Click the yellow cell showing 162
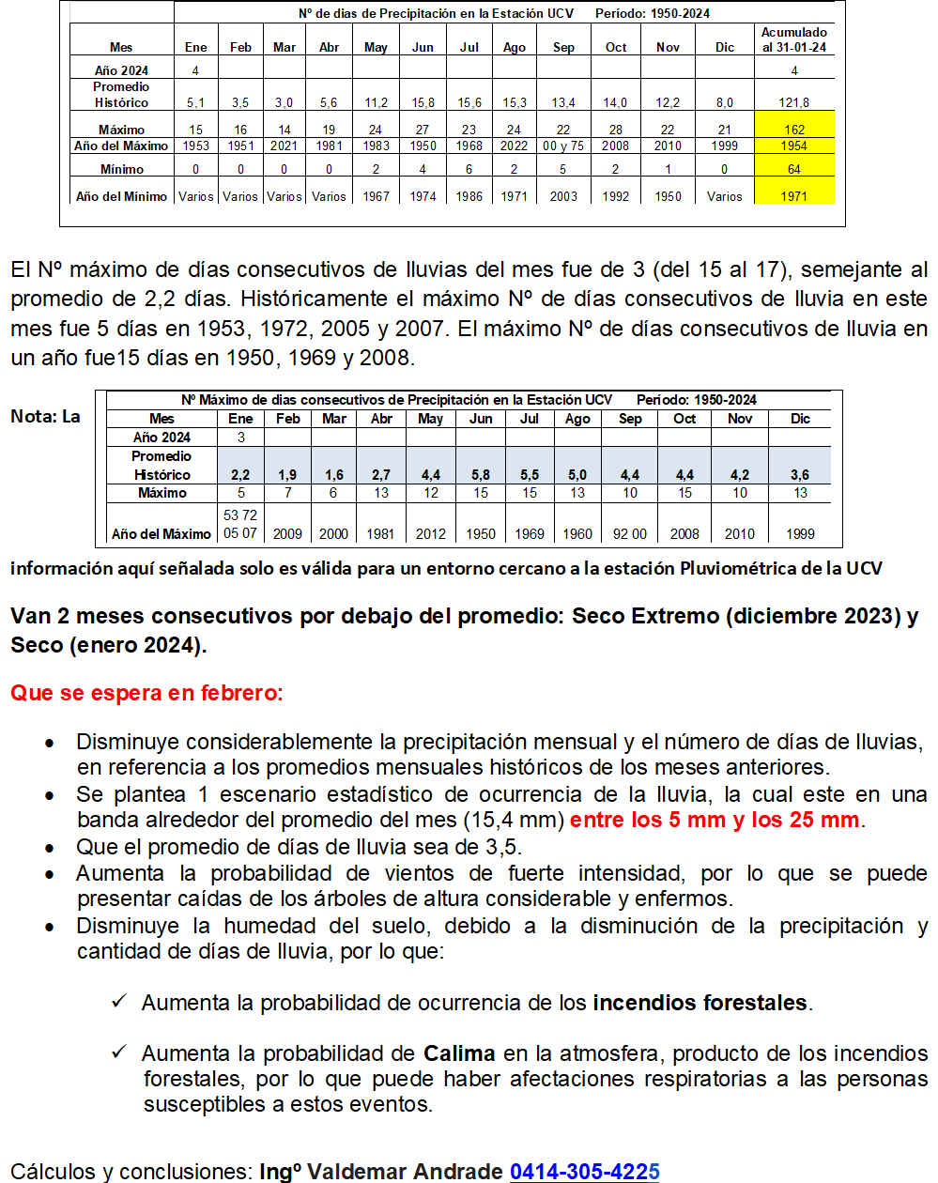click(794, 130)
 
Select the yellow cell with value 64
click(794, 169)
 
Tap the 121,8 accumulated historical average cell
click(794, 102)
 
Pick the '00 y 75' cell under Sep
click(563, 146)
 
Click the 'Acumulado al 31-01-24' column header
click(794, 39)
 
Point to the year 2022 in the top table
click(514, 146)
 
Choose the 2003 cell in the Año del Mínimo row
click(563, 196)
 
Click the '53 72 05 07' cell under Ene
click(240, 524)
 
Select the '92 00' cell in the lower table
click(630, 533)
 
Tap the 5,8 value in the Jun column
click(481, 475)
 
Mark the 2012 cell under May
click(431, 533)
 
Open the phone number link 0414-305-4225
click(584, 1171)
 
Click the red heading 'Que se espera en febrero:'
click(146, 693)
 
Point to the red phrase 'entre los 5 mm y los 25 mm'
click(715, 820)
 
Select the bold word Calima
click(459, 1053)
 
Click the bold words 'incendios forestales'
click(700, 1003)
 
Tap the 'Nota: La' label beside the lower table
click(45, 416)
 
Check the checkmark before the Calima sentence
click(119, 1052)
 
